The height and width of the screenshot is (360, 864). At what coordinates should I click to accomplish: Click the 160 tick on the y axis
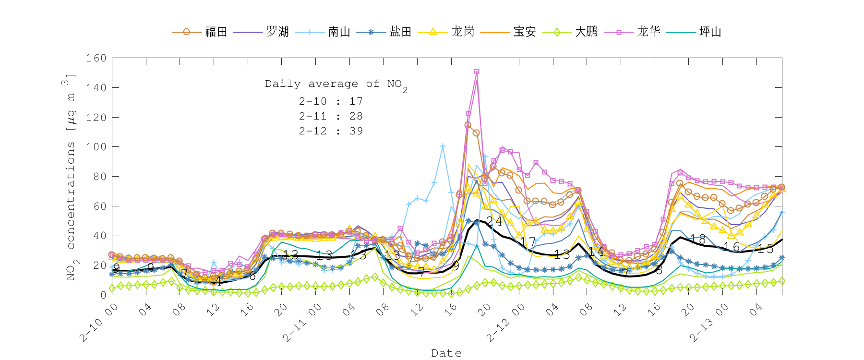coord(96,58)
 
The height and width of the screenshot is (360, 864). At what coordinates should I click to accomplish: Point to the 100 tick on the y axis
coord(96,147)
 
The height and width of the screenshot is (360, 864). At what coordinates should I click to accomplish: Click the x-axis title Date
coord(446,353)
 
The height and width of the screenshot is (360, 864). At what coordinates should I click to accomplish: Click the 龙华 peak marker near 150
coord(476,72)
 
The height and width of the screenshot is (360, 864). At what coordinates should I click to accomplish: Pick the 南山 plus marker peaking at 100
coord(443,146)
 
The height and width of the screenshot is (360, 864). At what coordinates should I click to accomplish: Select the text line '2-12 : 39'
coord(331,131)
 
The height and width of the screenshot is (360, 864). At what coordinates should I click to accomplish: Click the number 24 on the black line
coord(494,221)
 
